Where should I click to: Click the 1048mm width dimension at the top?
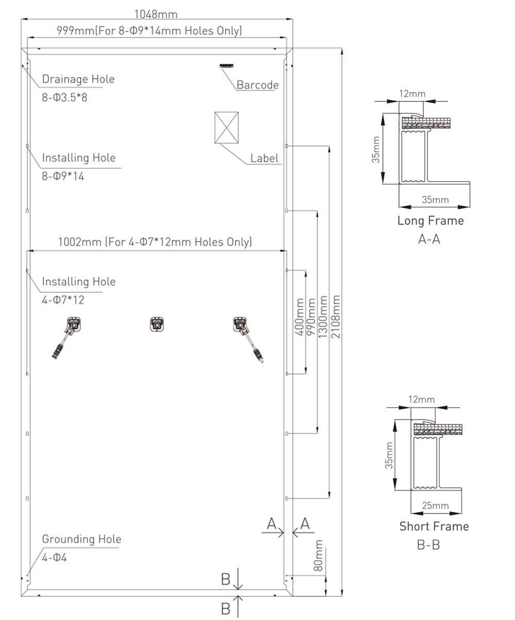pyautogui.click(x=156, y=14)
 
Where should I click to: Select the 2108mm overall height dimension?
pyautogui.click(x=336, y=317)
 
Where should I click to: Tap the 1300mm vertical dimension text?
pyautogui.click(x=323, y=317)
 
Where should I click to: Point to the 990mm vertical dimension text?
pyautogui.click(x=311, y=317)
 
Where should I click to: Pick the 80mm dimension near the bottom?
pyautogui.click(x=319, y=555)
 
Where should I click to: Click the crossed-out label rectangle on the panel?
pyautogui.click(x=227, y=128)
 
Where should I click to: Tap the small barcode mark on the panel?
pyautogui.click(x=227, y=66)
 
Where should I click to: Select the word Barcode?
pyautogui.click(x=257, y=85)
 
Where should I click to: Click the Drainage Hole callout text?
pyautogui.click(x=78, y=79)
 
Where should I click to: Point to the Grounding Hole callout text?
pyautogui.click(x=82, y=539)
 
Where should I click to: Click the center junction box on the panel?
pyautogui.click(x=156, y=324)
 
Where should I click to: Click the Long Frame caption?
pyautogui.click(x=431, y=221)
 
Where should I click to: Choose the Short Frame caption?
pyautogui.click(x=434, y=526)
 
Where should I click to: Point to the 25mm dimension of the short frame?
pyautogui.click(x=435, y=505)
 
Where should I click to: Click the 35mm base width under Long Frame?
pyautogui.click(x=435, y=200)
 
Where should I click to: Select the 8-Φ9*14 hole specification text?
pyautogui.click(x=63, y=176)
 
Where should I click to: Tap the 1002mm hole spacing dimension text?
pyautogui.click(x=155, y=242)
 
